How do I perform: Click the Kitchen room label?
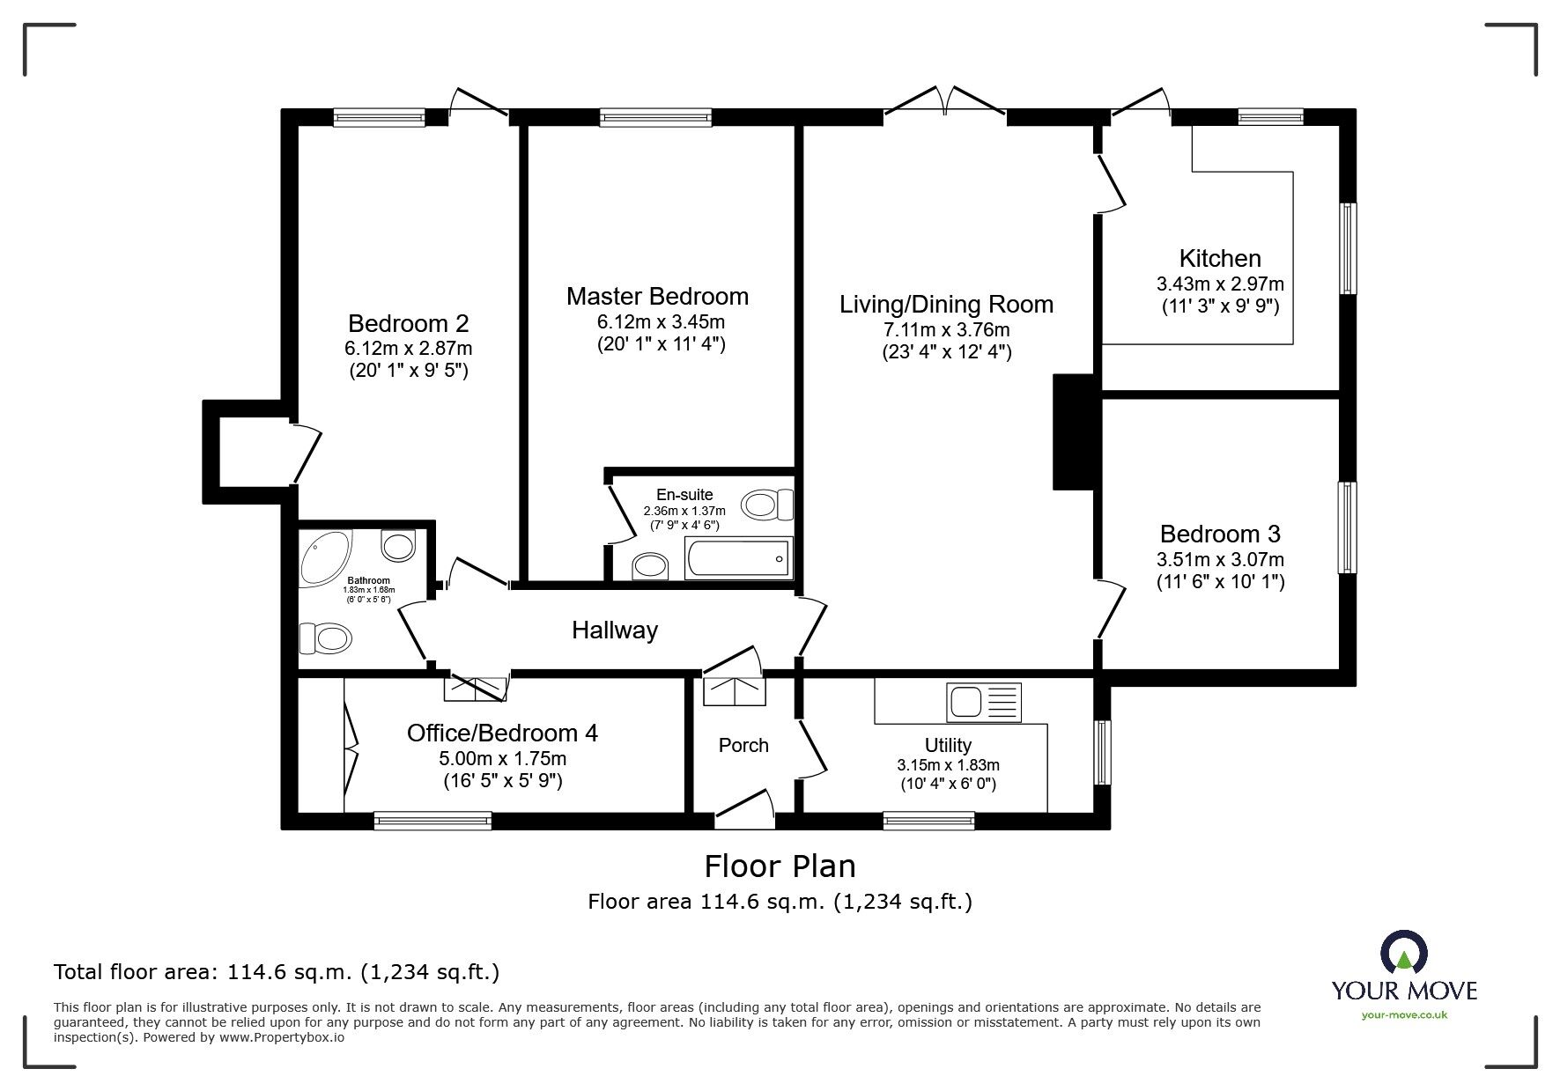point(1219,259)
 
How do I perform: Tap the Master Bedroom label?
point(657,297)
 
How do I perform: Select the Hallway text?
point(614,630)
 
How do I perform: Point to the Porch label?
point(743,746)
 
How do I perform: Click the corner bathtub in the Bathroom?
point(323,557)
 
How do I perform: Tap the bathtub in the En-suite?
point(738,559)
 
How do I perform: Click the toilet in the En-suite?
point(767,505)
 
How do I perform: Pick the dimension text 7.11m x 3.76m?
point(946,330)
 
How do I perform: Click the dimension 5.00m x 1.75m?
point(502,759)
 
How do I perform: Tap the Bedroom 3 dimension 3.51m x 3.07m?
point(1220,559)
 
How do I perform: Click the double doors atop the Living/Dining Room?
point(944,101)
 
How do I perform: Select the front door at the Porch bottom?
point(744,810)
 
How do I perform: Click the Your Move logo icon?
point(1403,953)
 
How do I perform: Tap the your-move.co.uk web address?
point(1404,1015)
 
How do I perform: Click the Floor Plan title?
point(780,866)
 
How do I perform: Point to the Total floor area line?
point(277,972)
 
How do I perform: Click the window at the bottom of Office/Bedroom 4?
point(433,821)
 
